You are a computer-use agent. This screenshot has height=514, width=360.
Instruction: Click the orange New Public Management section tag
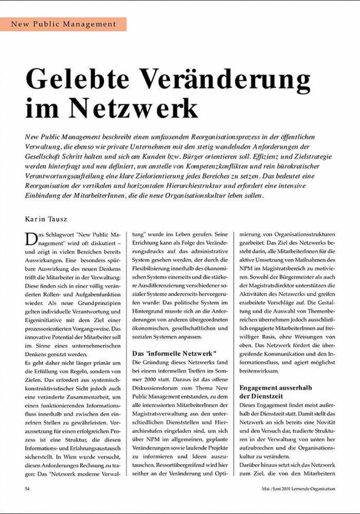[63, 24]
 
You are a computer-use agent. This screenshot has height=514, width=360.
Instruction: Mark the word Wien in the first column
[77, 455]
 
